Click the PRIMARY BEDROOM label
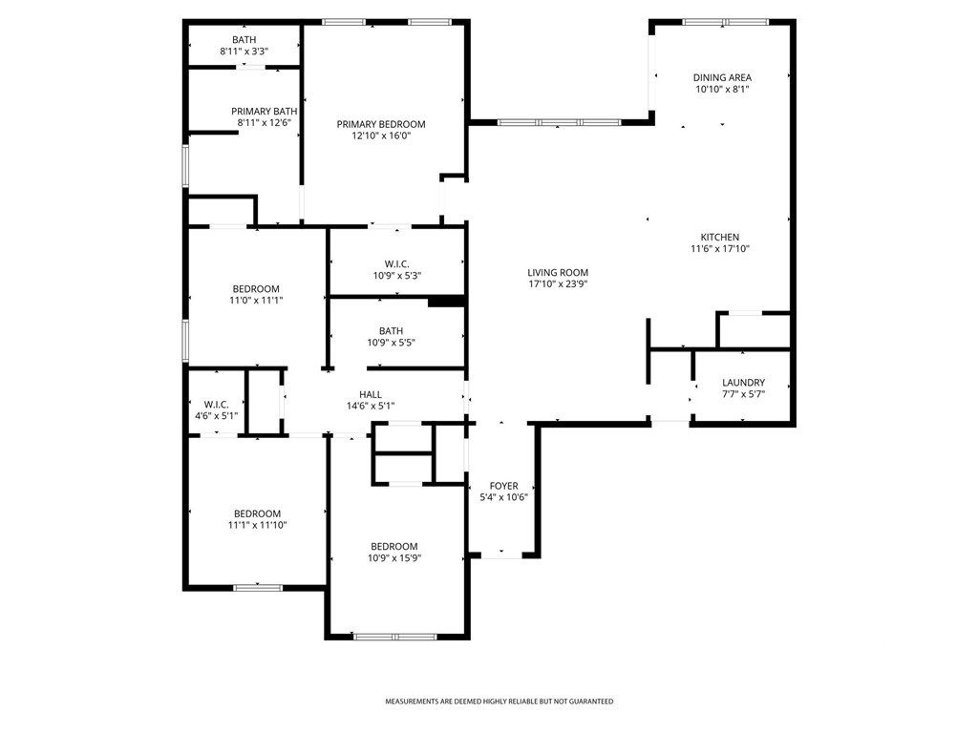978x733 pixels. click(381, 124)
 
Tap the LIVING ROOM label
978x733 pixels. click(558, 272)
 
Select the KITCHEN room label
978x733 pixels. click(720, 237)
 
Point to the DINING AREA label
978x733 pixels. click(722, 78)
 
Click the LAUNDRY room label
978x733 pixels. click(743, 383)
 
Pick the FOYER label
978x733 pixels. click(504, 486)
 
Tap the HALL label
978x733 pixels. click(371, 394)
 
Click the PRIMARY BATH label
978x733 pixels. click(265, 112)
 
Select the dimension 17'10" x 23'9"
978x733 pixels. click(558, 284)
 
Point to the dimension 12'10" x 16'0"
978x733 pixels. click(381, 136)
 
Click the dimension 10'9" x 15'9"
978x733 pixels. click(394, 558)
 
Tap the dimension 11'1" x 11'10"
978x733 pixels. click(257, 526)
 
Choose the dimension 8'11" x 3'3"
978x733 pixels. click(244, 52)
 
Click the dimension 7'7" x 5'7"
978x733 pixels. click(743, 394)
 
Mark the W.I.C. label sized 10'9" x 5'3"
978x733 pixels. click(396, 264)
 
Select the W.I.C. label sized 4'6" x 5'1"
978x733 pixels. click(217, 405)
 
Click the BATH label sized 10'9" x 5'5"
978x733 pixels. click(391, 331)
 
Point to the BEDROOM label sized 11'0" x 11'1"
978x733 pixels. click(256, 289)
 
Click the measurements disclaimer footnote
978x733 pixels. click(499, 702)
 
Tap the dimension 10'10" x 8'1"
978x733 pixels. click(722, 90)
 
